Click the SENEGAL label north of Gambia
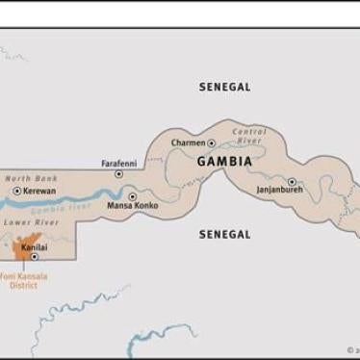click(x=224, y=87)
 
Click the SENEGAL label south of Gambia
click(x=224, y=234)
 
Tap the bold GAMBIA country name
click(x=224, y=162)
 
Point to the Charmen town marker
click(x=212, y=143)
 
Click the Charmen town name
click(x=188, y=143)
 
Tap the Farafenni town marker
click(x=119, y=174)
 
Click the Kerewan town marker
click(x=16, y=192)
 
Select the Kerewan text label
click(x=39, y=192)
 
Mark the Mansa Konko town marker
click(x=133, y=196)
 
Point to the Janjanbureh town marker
click(x=292, y=181)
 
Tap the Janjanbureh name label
click(x=280, y=192)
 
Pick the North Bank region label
click(x=31, y=178)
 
